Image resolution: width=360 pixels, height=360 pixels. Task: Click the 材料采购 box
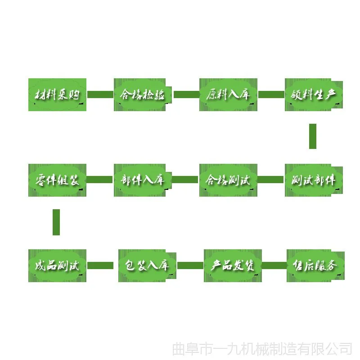(57, 94)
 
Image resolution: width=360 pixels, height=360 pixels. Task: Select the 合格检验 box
(143, 94)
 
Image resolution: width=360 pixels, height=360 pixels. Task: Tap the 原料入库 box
(228, 94)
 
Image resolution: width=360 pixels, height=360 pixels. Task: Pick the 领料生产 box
(314, 94)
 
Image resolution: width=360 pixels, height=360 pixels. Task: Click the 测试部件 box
(314, 180)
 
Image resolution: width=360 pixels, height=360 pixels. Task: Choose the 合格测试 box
(228, 180)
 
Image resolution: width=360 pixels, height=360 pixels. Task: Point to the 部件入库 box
(143, 180)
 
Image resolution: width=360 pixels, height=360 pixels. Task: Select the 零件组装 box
(57, 180)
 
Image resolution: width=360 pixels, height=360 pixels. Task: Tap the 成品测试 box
(57, 265)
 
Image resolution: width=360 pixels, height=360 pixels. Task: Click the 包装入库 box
(147, 265)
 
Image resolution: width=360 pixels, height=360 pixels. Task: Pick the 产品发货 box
(233, 265)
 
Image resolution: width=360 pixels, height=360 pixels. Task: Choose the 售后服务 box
(315, 265)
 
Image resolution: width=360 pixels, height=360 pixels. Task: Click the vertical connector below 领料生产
(313, 136)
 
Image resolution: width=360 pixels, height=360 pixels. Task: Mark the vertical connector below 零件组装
(56, 222)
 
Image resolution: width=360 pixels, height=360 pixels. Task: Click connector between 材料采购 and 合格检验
(100, 94)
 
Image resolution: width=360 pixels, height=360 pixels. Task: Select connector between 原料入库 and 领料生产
(271, 94)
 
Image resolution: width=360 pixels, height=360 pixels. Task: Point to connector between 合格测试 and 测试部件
(271, 180)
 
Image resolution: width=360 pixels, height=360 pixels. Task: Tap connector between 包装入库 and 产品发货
(190, 265)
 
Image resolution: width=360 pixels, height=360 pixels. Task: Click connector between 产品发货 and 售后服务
(274, 265)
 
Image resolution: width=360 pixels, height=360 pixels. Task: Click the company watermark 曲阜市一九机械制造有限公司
(262, 349)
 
